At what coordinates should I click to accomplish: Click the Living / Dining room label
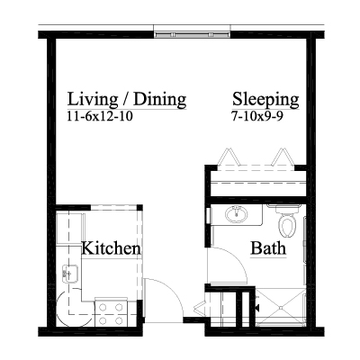coord(127,100)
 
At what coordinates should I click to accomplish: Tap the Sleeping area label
coord(265,100)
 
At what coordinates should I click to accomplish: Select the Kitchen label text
coord(111,248)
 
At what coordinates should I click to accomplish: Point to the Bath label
coord(268,248)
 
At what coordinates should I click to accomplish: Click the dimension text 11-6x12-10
coord(100,116)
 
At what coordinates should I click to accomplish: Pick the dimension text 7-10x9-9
coord(257,116)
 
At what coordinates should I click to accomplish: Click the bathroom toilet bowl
coord(287,226)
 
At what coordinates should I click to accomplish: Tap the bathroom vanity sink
coord(237,214)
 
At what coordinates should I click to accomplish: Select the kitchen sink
coord(70,274)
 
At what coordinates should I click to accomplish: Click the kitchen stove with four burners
coord(112,313)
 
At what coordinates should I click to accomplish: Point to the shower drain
coord(281,308)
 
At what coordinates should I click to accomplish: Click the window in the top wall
coord(192,34)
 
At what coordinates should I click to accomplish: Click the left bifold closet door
coord(229,157)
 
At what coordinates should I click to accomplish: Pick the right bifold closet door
coord(283,157)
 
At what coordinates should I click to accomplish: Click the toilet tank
coord(283,209)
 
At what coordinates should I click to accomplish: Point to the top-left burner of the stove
coord(103,307)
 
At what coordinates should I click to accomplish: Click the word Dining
coord(160,100)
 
